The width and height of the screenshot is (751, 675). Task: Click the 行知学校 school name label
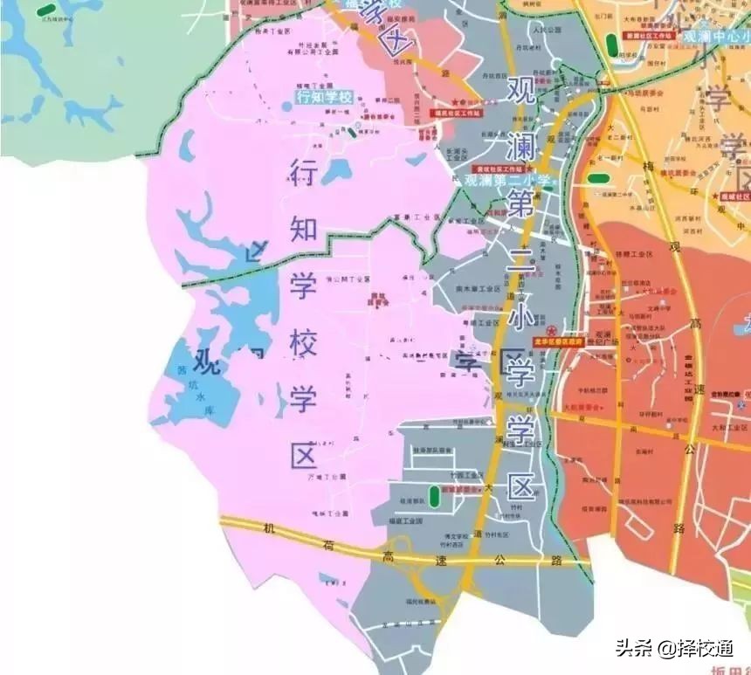point(324,97)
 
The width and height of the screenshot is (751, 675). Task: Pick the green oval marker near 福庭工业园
point(434,497)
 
